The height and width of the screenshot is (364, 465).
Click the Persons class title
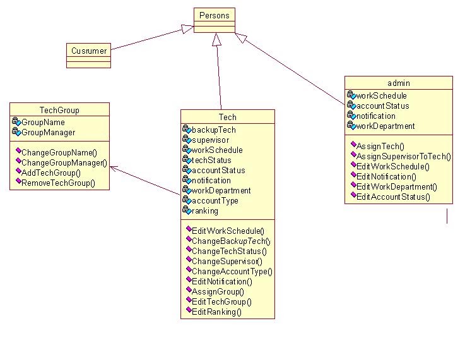click(x=215, y=15)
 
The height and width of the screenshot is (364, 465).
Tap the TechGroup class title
click(x=59, y=110)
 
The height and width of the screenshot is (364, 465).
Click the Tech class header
click(x=227, y=117)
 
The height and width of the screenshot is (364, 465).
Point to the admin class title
click(x=398, y=83)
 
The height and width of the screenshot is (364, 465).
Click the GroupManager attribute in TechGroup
click(x=48, y=133)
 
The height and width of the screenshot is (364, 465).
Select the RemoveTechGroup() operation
click(x=58, y=183)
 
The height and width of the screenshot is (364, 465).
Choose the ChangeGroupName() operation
click(x=59, y=153)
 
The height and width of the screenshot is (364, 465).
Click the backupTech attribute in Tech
click(x=213, y=130)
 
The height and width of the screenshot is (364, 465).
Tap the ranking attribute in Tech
click(x=204, y=211)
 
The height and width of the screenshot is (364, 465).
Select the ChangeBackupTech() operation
click(x=230, y=241)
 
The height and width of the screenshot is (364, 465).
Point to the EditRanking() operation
click(x=216, y=312)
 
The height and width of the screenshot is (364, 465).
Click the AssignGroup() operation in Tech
click(x=218, y=292)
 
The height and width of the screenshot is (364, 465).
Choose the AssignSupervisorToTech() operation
click(x=403, y=156)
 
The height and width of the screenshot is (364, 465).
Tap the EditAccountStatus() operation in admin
click(x=393, y=197)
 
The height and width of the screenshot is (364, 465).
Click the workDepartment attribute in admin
click(x=385, y=126)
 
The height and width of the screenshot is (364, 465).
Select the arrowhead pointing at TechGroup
click(x=113, y=167)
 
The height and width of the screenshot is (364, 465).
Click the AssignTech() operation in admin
click(x=380, y=146)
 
